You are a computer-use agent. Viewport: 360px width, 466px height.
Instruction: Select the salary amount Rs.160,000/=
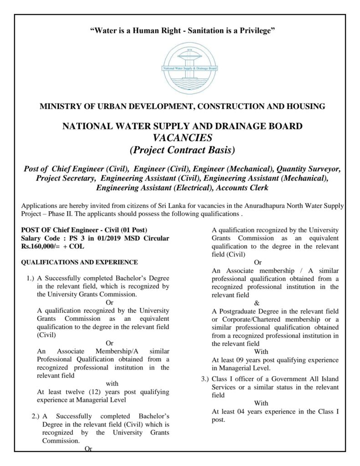tap(41, 246)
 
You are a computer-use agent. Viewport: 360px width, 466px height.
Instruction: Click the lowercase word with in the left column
tap(112, 383)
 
